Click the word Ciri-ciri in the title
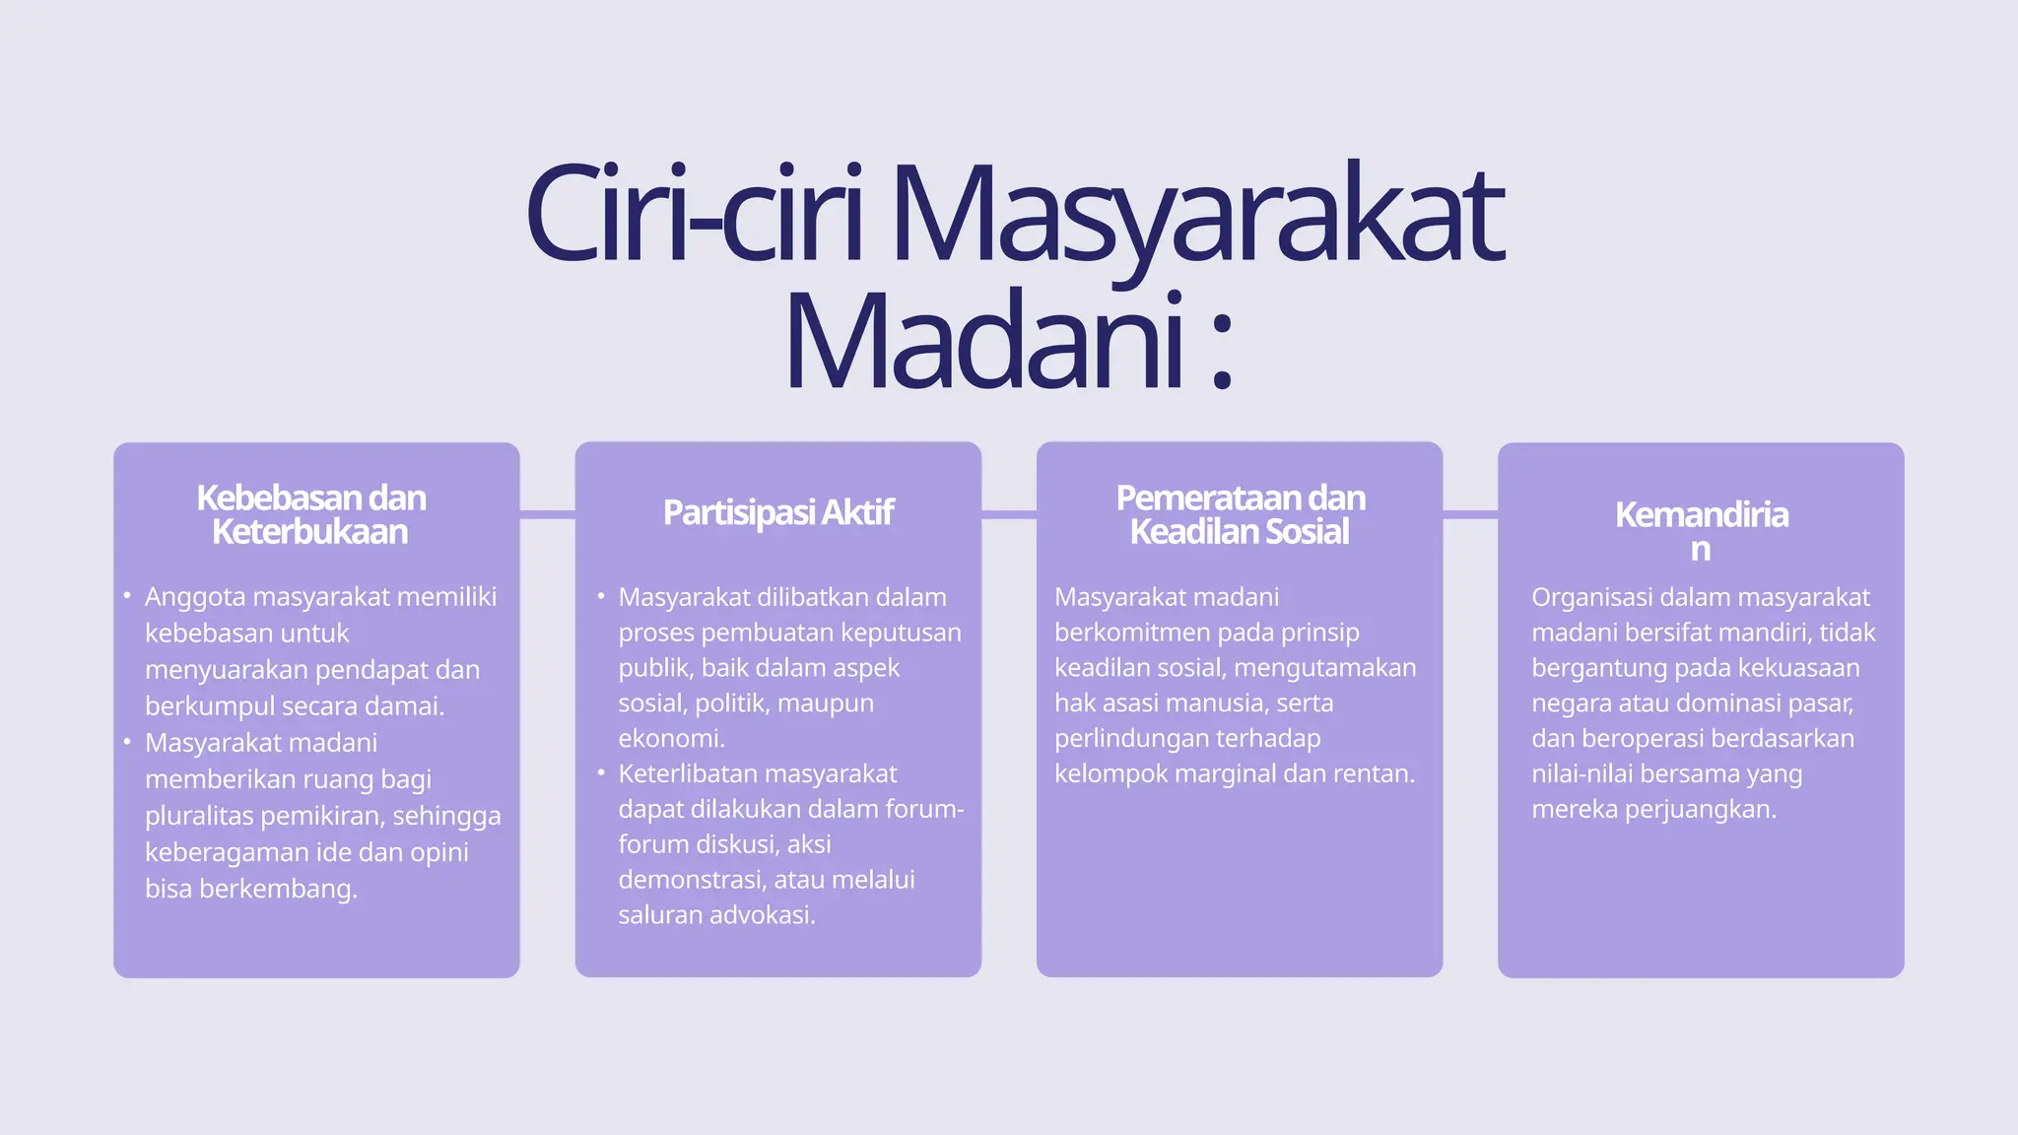(x=695, y=214)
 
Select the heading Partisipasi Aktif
(x=777, y=512)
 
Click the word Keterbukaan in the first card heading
(x=309, y=532)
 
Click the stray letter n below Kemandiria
(x=1700, y=549)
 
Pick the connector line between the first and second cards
(x=547, y=514)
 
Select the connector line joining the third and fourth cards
(x=1470, y=514)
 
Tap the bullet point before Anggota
(x=127, y=596)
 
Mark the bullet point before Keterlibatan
(x=601, y=772)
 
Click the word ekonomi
(x=670, y=738)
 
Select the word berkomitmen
(x=1130, y=632)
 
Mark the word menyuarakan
(x=226, y=670)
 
